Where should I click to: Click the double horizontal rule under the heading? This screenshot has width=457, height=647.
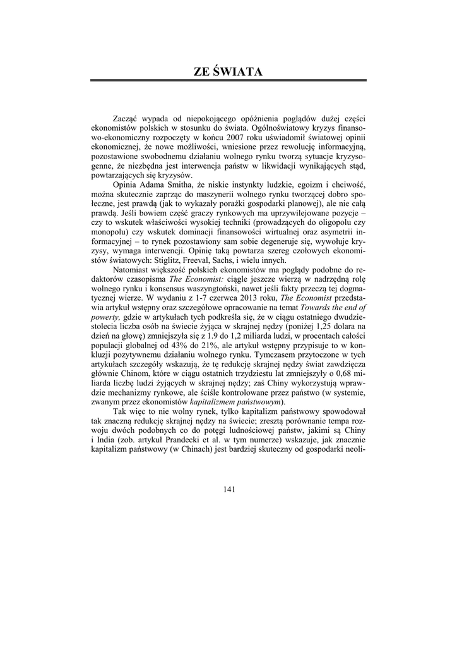click(228, 82)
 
